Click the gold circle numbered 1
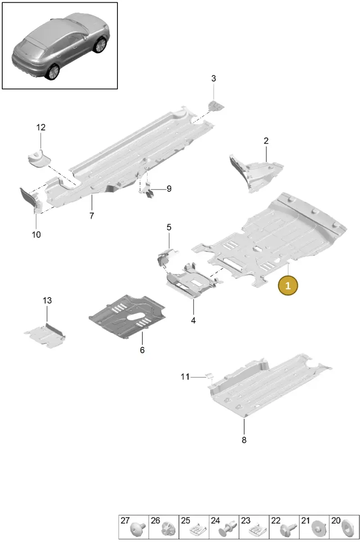point(288,286)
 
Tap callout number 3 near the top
point(213,78)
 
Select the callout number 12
point(41,127)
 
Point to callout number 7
point(92,215)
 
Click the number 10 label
point(36,235)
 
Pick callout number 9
point(169,188)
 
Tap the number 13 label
point(47,300)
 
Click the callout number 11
point(185,377)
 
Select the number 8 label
point(244,440)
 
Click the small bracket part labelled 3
point(216,106)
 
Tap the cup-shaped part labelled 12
point(39,158)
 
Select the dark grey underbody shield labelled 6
point(127,317)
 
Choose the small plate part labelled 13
point(45,335)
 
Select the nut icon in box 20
point(347,531)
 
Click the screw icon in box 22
point(288,530)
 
